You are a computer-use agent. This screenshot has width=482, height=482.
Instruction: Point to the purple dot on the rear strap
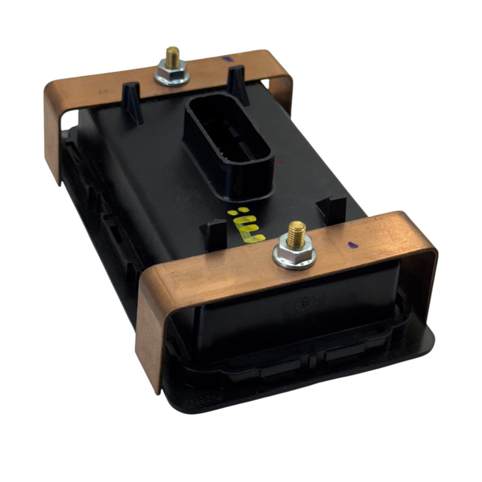point(227,58)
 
